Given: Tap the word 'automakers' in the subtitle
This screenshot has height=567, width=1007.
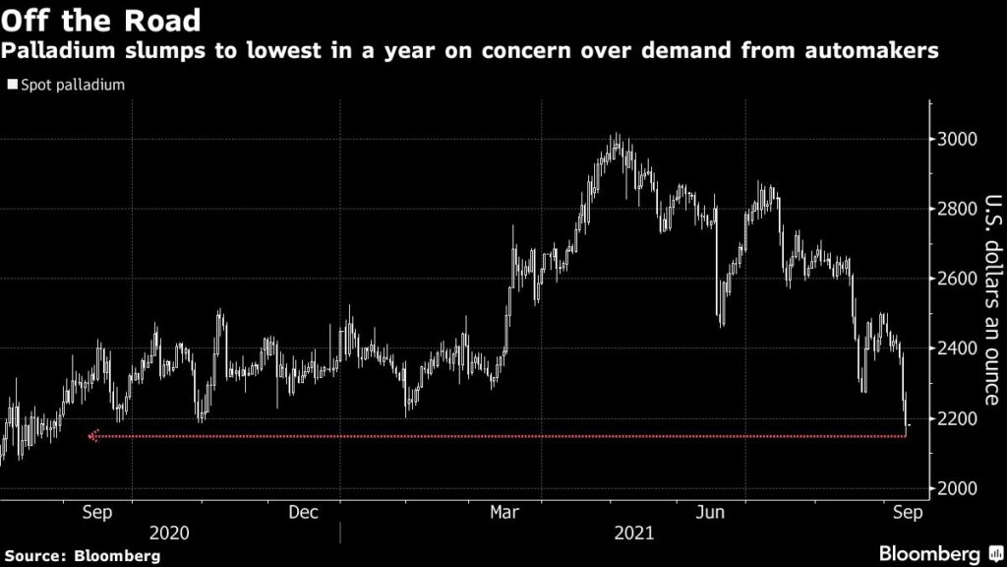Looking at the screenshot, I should point(891,51).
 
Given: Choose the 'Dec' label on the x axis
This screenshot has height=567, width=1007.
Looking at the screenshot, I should point(303,512).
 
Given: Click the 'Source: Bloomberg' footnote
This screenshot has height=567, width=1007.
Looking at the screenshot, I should point(81,556).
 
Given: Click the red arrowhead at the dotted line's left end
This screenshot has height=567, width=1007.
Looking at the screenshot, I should point(92,436).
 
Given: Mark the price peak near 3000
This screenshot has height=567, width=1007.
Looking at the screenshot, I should point(616,136).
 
